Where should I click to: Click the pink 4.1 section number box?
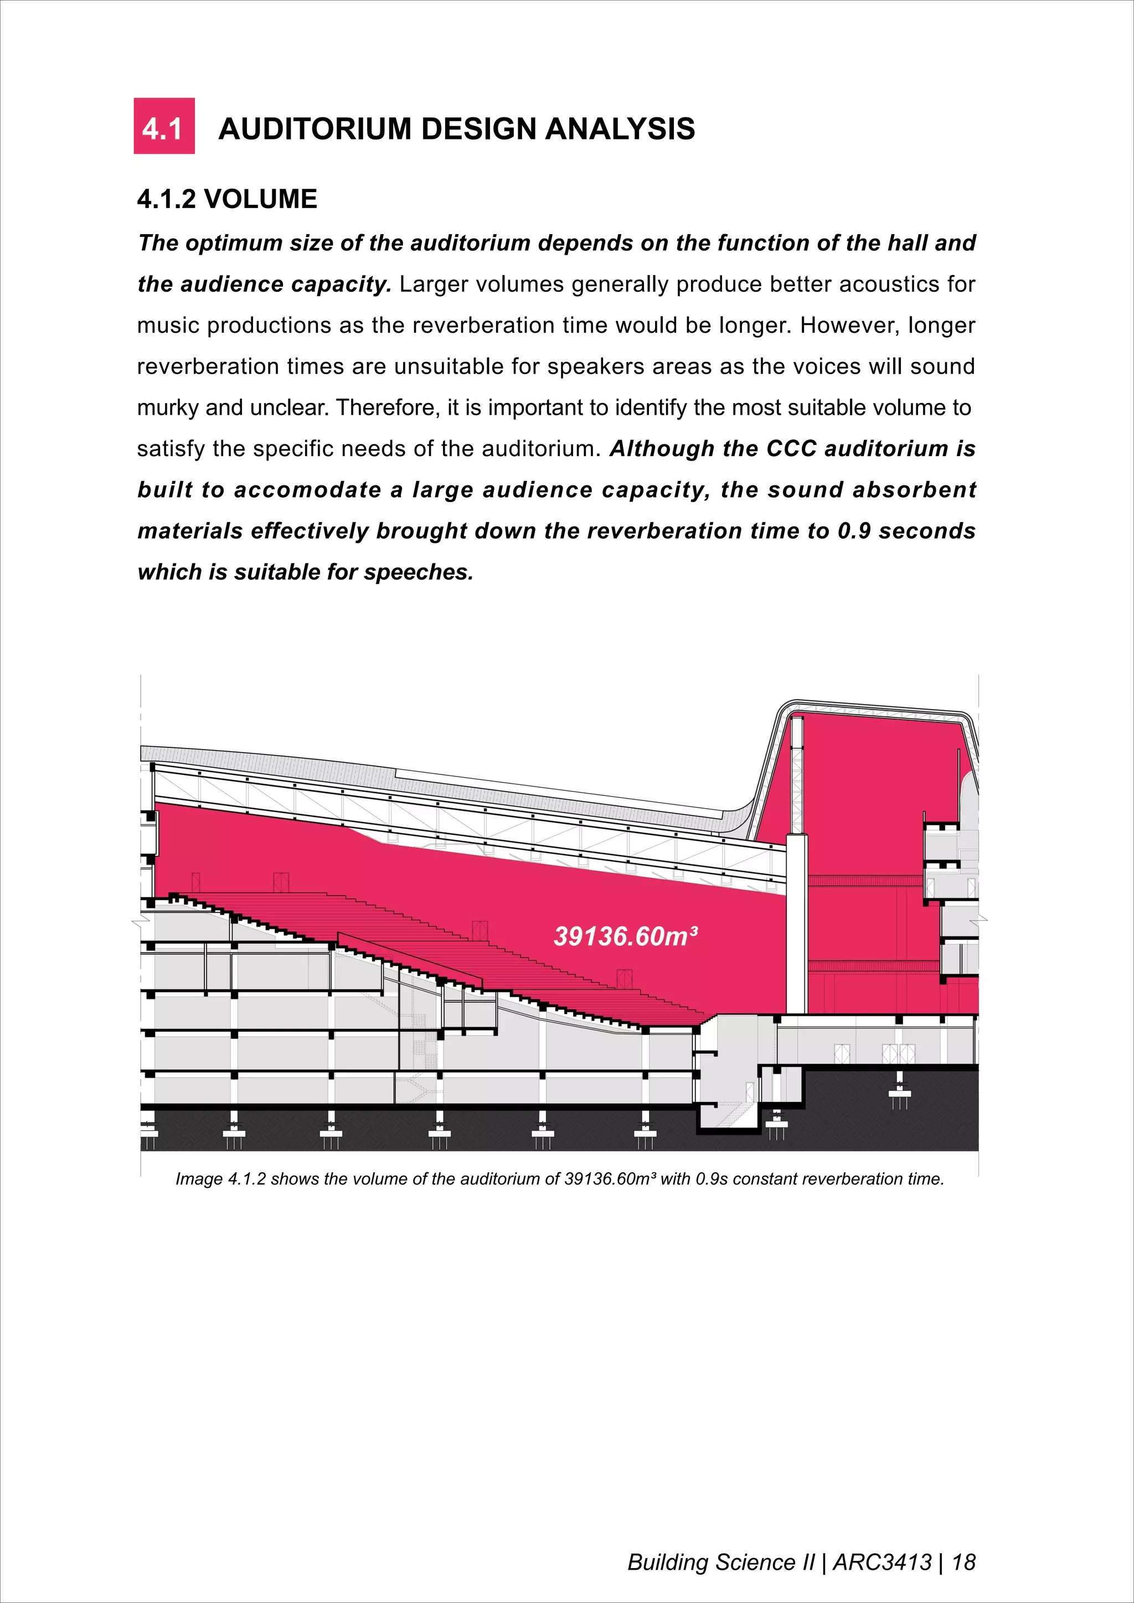point(164,126)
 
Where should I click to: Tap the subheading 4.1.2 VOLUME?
point(227,199)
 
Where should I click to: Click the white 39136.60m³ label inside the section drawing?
point(625,936)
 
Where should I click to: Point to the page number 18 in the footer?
point(963,1562)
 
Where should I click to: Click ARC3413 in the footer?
point(883,1562)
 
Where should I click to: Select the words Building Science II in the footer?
point(720,1562)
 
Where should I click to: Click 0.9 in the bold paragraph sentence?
point(854,531)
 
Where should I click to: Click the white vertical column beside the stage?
point(797,922)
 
